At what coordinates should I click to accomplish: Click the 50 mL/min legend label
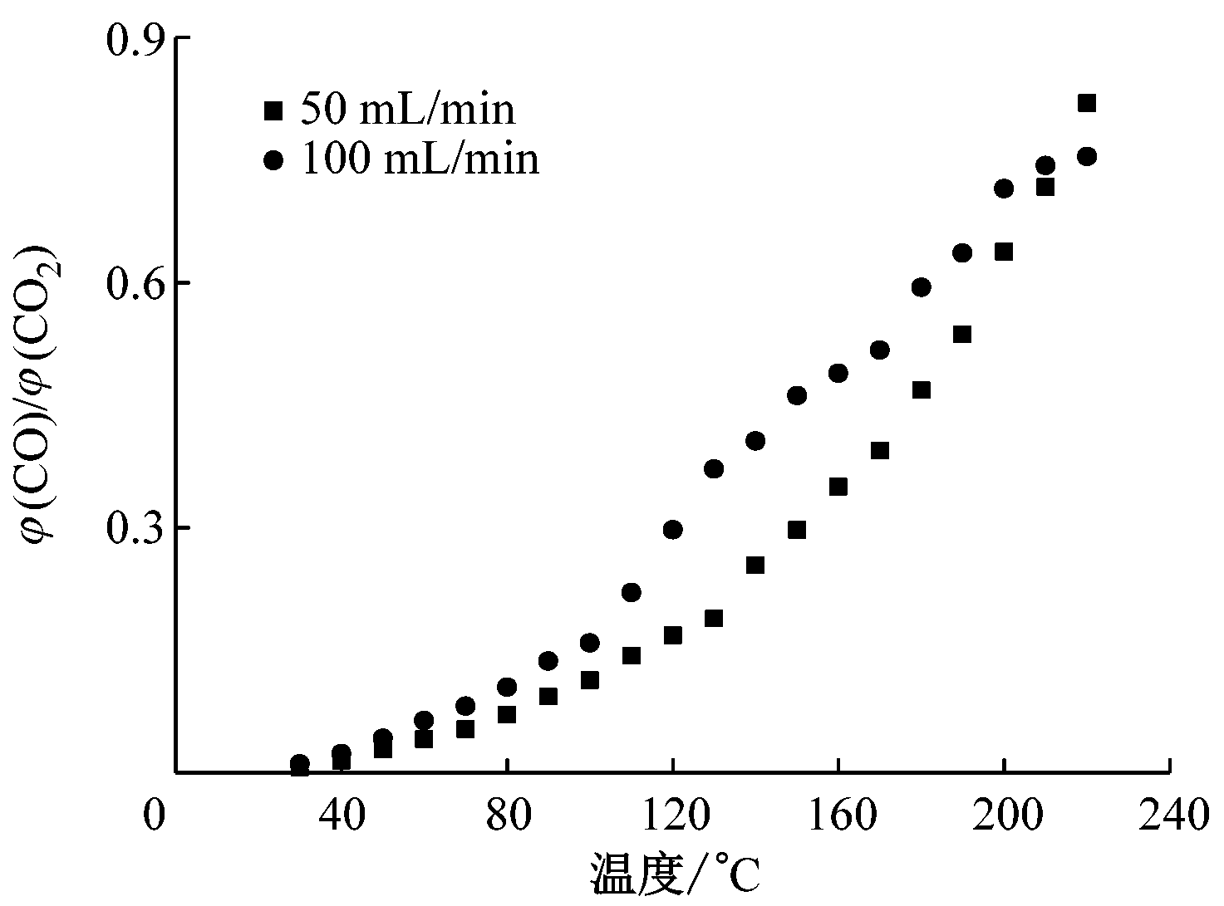coord(407,110)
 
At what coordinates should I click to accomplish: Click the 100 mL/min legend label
coord(420,159)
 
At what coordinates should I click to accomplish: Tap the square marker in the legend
coord(273,110)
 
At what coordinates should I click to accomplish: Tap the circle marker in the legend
coord(273,159)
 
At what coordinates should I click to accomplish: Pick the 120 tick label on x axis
coord(673,815)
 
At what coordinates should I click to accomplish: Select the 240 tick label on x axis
coord(1170,815)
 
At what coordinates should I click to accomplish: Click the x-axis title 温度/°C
coord(675,874)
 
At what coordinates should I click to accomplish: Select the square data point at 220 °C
coord(1086,103)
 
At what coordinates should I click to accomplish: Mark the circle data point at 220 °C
coord(1087,156)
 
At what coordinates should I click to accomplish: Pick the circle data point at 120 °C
coord(673,530)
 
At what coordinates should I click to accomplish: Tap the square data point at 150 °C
coord(797,530)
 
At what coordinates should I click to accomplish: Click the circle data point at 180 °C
coord(921,287)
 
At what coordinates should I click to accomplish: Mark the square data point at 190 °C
coord(962,335)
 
